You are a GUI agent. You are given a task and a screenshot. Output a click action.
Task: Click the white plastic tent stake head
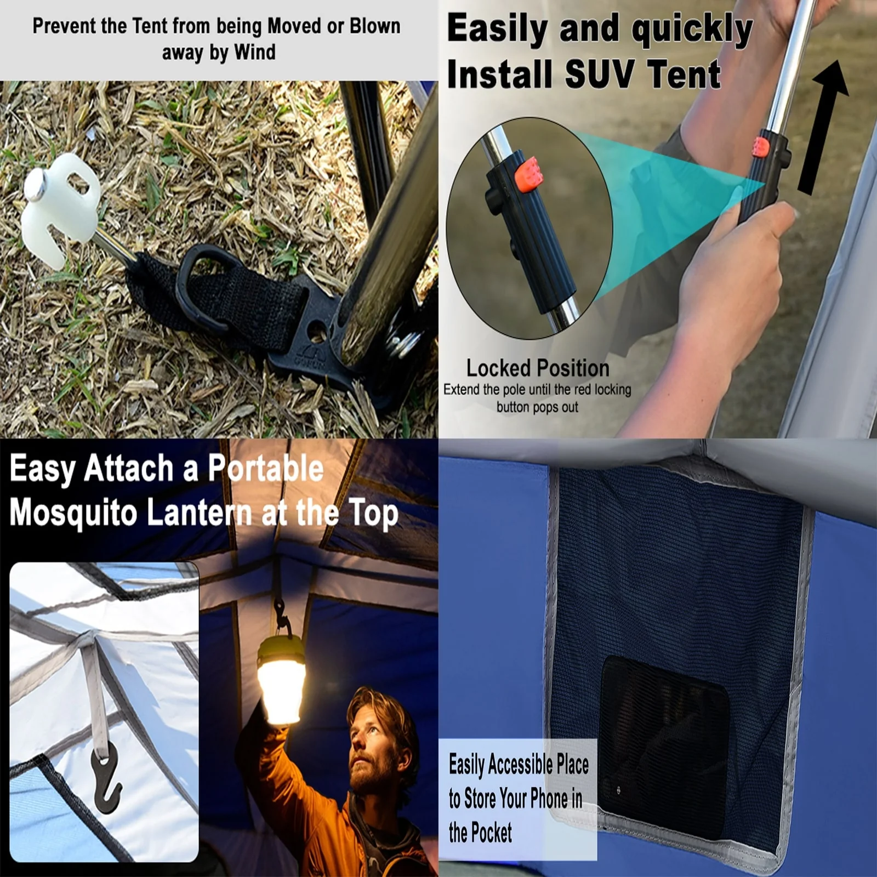pos(60,208)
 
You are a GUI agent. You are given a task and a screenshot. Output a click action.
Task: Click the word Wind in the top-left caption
pos(254,53)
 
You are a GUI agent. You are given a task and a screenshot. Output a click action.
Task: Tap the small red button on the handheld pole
pos(760,146)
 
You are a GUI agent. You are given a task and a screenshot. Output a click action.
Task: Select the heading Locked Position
pos(538,368)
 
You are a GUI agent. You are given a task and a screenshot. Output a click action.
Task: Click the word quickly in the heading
pos(692,30)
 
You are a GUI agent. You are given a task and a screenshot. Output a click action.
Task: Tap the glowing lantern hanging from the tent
pos(283,680)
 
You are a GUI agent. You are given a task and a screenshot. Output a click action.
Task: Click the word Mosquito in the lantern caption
pos(73,514)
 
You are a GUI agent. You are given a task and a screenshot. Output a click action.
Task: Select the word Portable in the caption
pos(266,469)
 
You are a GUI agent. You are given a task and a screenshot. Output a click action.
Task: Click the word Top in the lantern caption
pos(374,515)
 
